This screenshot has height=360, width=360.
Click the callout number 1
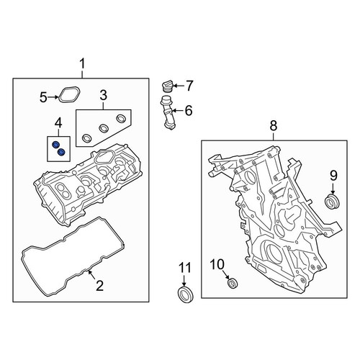click(82, 64)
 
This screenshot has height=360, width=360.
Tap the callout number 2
click(99, 286)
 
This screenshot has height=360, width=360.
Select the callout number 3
click(103, 95)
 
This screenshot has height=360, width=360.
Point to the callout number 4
click(58, 123)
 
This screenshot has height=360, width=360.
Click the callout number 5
click(43, 97)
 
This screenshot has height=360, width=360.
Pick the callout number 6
click(189, 111)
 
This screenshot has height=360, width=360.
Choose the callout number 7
click(189, 86)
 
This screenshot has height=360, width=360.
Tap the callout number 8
click(274, 125)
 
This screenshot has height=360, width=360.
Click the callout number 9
click(333, 175)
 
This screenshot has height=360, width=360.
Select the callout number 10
click(217, 264)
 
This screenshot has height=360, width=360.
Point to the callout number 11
click(185, 267)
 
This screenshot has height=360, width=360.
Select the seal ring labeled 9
click(333, 202)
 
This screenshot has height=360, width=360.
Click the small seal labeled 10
click(233, 284)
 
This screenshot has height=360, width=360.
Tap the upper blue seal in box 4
click(55, 145)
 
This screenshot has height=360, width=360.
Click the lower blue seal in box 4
click(61, 152)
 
